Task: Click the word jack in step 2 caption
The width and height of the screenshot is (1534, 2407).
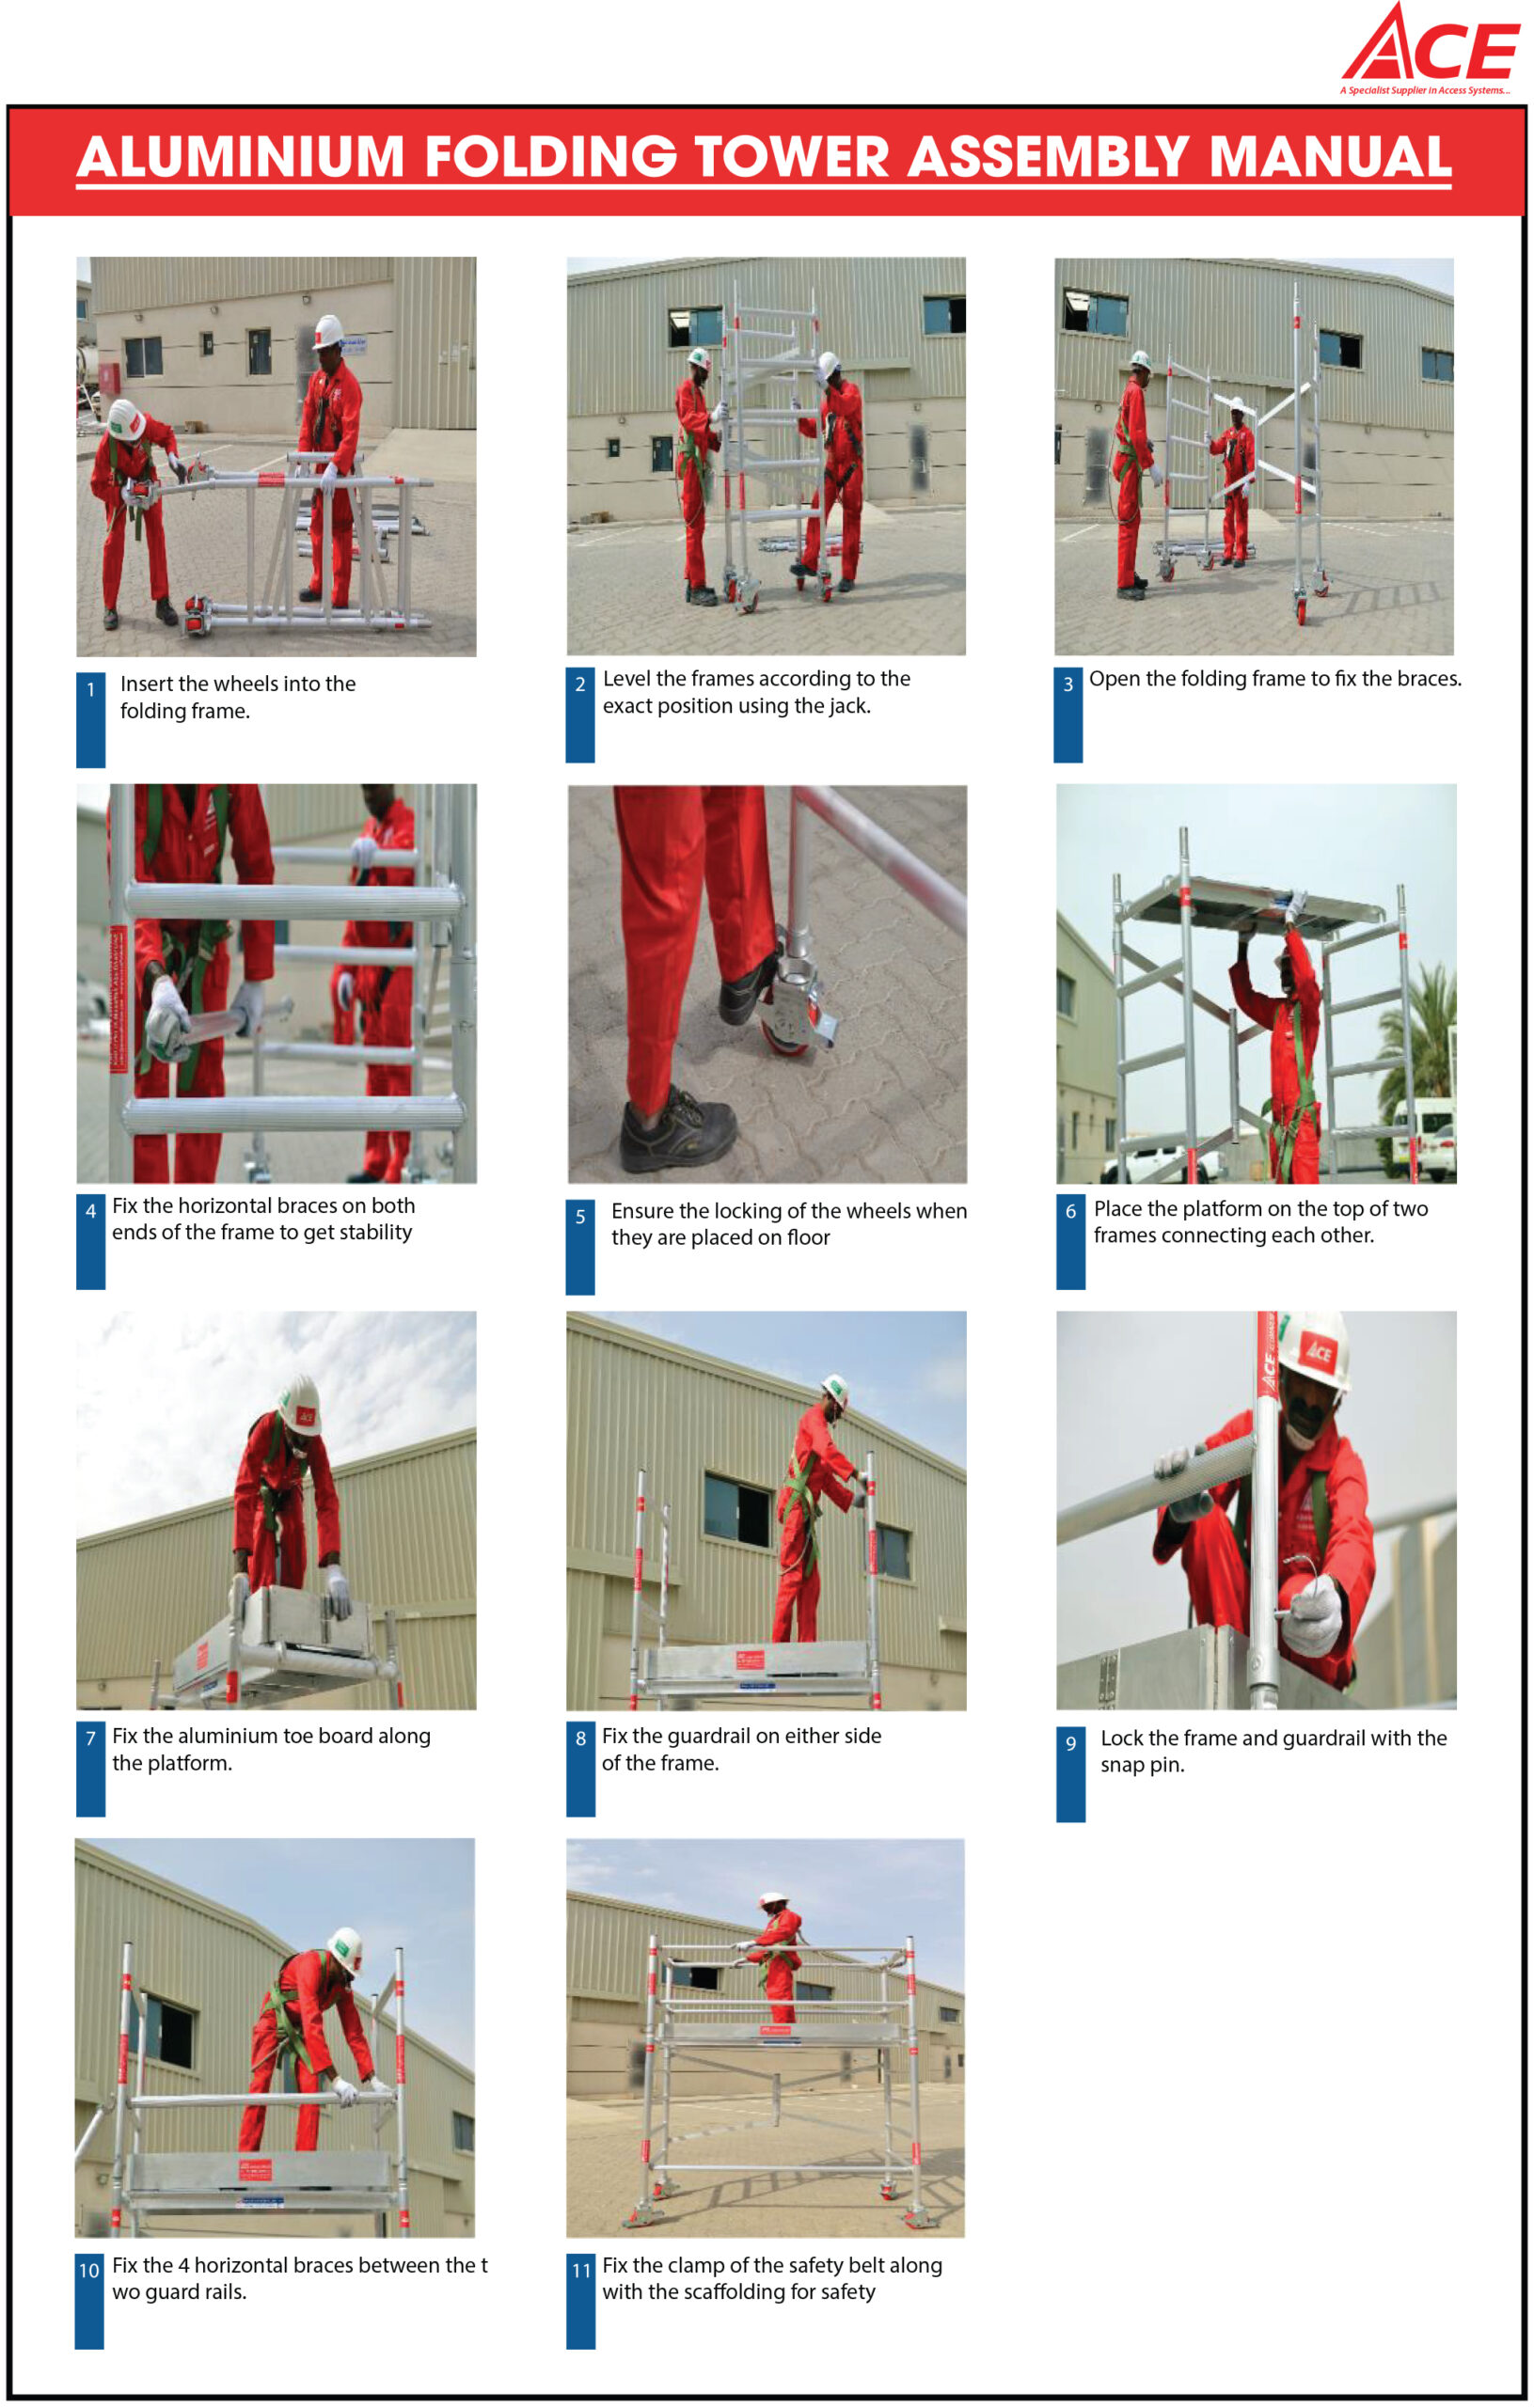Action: coord(847,706)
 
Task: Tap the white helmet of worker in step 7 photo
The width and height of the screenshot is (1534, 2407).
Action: coord(300,1405)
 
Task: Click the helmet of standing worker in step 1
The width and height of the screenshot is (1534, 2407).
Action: coord(327,331)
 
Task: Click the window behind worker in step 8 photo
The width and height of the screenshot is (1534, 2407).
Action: coord(738,1509)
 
